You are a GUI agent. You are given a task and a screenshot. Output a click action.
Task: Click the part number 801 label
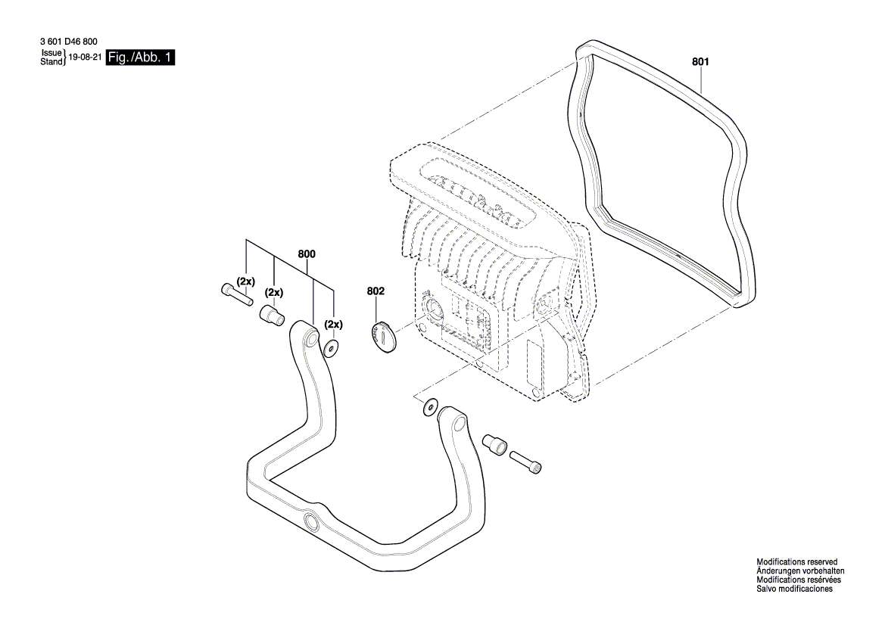pos(701,63)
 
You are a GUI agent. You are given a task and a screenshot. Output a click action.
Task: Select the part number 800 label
pos(307,255)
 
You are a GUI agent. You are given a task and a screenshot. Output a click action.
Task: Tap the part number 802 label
pos(376,291)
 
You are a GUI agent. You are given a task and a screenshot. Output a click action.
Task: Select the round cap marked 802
pos(383,335)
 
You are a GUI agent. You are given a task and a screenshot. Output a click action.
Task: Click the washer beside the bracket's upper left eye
pos(330,348)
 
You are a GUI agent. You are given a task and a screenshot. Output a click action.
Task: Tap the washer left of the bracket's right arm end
pos(429,406)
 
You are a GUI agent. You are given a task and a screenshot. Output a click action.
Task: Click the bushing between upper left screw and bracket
pos(271,314)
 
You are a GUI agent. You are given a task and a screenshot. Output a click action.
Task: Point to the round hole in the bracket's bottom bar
pos(310,524)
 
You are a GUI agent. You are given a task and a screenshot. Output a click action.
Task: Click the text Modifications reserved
pos(796,562)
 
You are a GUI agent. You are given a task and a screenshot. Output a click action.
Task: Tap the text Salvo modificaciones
pos(794,589)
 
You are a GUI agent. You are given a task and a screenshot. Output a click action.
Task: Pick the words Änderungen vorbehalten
pos(800,571)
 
